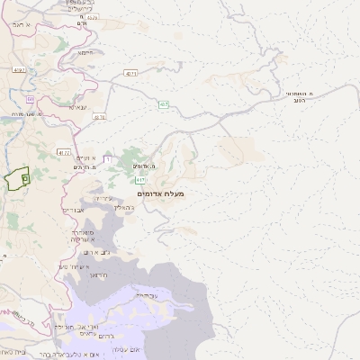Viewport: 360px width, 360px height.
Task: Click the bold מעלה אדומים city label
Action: [x=161, y=193]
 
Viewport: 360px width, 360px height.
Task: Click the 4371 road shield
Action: [x=131, y=73]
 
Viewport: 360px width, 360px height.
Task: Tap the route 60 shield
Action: [x=30, y=99]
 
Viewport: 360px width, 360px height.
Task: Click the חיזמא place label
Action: [x=85, y=53]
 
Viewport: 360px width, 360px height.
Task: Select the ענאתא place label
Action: [x=78, y=107]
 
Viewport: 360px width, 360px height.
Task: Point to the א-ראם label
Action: [x=22, y=25]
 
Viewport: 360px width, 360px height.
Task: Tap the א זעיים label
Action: [x=74, y=157]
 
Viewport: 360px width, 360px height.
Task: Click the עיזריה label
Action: [x=103, y=198]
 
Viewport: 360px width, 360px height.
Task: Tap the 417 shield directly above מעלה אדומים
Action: [x=141, y=180]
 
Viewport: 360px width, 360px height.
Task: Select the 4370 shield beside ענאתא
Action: [x=99, y=117]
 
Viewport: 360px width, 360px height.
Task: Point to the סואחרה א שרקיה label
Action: [x=84, y=236]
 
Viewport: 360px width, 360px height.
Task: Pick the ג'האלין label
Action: [x=125, y=207]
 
